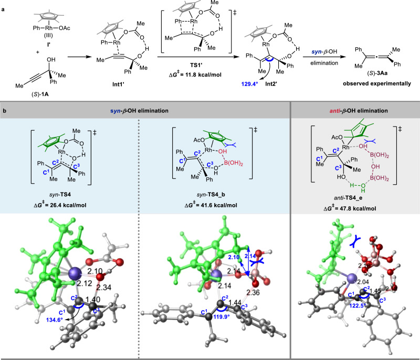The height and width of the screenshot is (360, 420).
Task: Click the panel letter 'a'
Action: click(4, 4)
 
